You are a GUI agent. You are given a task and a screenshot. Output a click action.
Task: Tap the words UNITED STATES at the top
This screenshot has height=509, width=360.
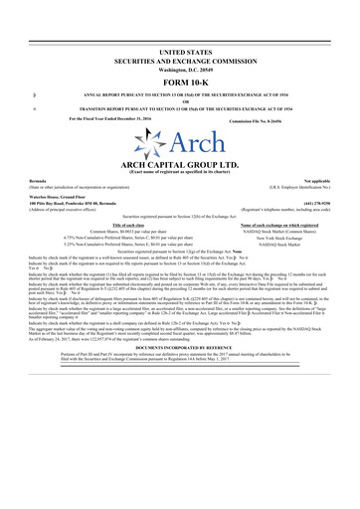coord(179,50)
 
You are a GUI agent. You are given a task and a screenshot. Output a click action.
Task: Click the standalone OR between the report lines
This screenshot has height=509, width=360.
coord(179,104)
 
